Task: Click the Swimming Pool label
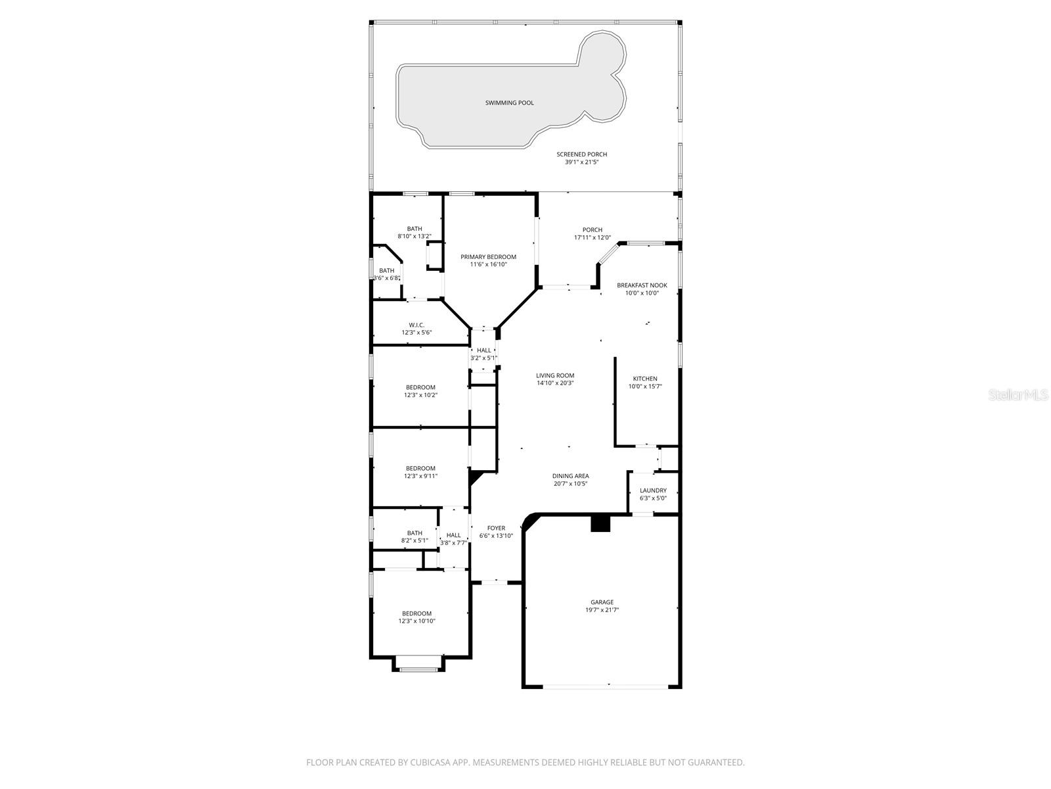pyautogui.click(x=509, y=103)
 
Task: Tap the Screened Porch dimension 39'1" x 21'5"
pyautogui.click(x=581, y=162)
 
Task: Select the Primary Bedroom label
pyautogui.click(x=488, y=256)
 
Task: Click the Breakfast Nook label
pyautogui.click(x=642, y=285)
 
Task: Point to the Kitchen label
pyautogui.click(x=644, y=379)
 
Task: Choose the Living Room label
pyautogui.click(x=555, y=375)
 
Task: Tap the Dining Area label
pyautogui.click(x=570, y=476)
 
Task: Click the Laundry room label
pyautogui.click(x=653, y=490)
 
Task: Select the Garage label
pyautogui.click(x=602, y=602)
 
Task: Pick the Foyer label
pyautogui.click(x=496, y=528)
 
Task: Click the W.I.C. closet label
pyautogui.click(x=416, y=325)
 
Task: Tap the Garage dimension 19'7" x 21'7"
pyautogui.click(x=602, y=610)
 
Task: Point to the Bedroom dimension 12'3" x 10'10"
pyautogui.click(x=417, y=621)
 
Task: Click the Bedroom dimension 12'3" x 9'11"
pyautogui.click(x=420, y=476)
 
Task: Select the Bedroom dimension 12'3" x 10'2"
pyautogui.click(x=420, y=395)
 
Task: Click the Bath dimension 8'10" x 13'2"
pyautogui.click(x=414, y=236)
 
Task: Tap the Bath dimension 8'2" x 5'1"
pyautogui.click(x=414, y=540)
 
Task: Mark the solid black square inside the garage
pyautogui.click(x=600, y=523)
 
